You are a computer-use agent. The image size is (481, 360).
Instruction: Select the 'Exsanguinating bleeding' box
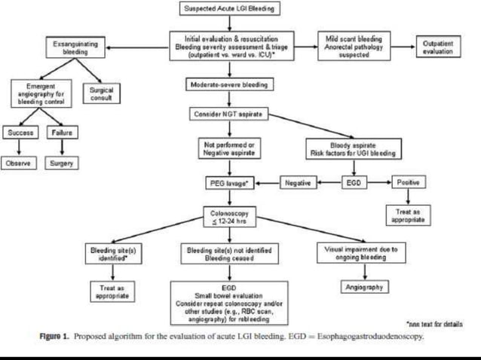pyautogui.click(x=75, y=48)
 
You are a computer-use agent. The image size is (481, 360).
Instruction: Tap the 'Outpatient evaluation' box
pyautogui.click(x=438, y=47)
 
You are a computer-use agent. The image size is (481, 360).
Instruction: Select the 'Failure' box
pyautogui.click(x=60, y=133)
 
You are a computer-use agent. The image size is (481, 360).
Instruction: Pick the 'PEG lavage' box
pyautogui.click(x=229, y=182)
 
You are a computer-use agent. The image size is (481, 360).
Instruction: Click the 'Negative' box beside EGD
pyautogui.click(x=299, y=182)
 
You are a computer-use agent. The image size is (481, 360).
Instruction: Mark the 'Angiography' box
pyautogui.click(x=364, y=287)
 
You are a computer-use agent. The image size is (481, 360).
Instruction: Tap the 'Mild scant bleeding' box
pyautogui.click(x=354, y=47)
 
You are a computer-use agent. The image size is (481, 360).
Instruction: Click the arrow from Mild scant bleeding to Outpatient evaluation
pyautogui.click(x=403, y=47)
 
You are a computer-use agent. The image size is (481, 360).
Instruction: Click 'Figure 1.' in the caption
pyautogui.click(x=56, y=337)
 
